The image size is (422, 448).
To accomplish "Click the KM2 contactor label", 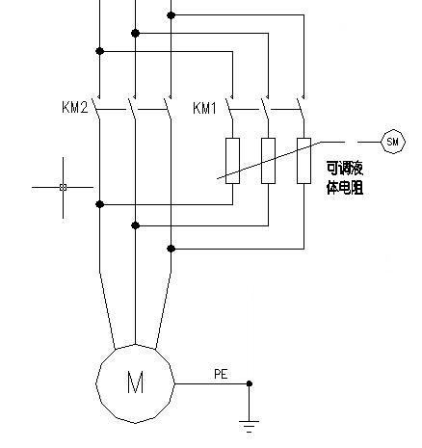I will pos(76,107).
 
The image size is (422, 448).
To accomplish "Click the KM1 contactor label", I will pos(205,107).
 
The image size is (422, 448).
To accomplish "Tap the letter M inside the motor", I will pos(135,382).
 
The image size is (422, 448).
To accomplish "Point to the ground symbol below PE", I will pos(250,421).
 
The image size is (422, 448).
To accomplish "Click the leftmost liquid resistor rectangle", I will pos(232,160).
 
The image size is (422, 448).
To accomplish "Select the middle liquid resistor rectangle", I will pos(269,160).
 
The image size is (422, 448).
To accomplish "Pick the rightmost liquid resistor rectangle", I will pos(303,160).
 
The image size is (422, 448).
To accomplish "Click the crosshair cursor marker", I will pos(64,187).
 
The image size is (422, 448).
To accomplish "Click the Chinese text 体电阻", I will pos(346,190).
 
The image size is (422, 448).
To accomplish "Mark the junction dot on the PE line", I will pos(250,383).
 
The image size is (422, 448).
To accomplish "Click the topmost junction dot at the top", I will pos(171,15).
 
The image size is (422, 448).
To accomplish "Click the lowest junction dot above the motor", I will pos(171,248).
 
